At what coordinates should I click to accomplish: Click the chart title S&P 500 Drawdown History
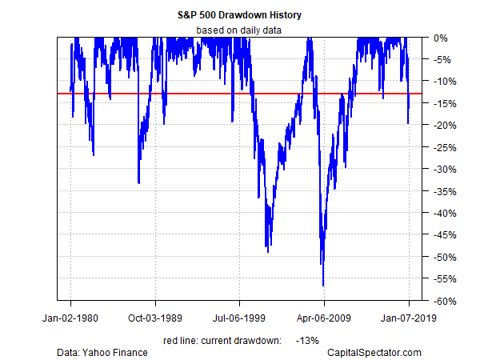[239, 14]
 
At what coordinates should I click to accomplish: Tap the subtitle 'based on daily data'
[239, 30]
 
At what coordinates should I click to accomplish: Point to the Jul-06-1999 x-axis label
[239, 317]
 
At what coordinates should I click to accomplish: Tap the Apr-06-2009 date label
[324, 317]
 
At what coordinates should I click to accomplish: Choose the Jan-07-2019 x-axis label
[409, 317]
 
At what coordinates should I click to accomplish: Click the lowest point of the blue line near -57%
[323, 285]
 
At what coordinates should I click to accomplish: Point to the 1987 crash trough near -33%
[138, 183]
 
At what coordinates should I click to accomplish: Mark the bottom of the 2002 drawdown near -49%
[267, 251]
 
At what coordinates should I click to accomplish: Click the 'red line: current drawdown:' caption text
[222, 340]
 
